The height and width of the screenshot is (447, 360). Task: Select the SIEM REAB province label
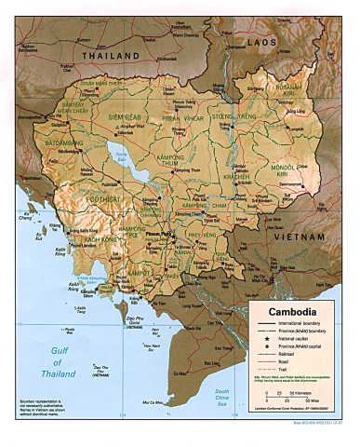pos(125,117)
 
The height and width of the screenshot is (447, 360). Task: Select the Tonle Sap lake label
pos(119,159)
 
